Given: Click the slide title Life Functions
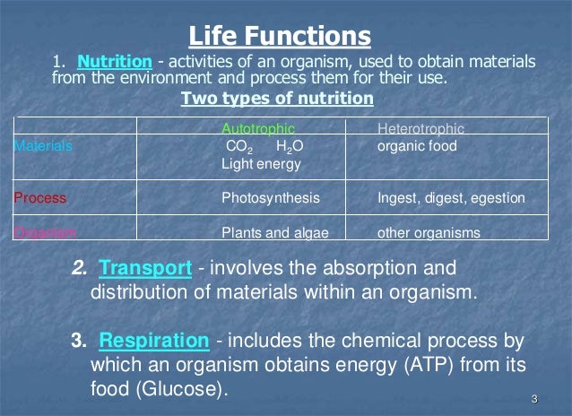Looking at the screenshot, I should coord(279,36).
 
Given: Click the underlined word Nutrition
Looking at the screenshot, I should coord(114,62).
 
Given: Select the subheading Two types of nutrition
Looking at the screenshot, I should coord(277,99).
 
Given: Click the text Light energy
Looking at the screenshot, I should coord(261,164).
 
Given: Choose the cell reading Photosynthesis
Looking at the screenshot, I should coord(270,197).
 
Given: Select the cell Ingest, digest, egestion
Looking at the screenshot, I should coord(451,197).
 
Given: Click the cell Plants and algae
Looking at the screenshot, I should coord(274,233).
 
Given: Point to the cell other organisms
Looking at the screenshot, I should coord(429,233).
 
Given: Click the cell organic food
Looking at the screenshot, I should coord(417,145).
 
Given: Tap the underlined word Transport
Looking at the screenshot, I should coord(145,268).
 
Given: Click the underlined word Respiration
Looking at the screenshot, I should coord(154,342).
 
